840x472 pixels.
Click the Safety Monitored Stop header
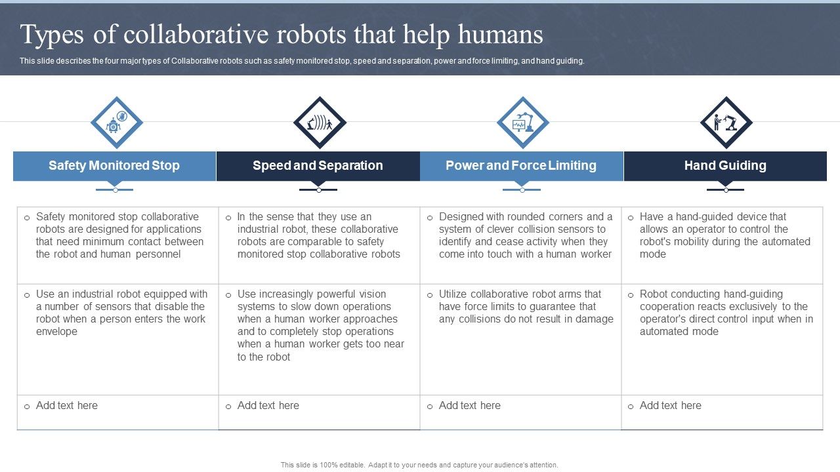(x=114, y=166)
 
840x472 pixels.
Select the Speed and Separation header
(x=318, y=166)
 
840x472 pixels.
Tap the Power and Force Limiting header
(x=521, y=166)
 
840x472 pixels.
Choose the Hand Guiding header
(x=725, y=166)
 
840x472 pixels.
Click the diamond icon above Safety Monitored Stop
(x=116, y=123)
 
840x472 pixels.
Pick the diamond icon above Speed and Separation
(x=320, y=123)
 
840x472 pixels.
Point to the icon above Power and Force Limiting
(x=523, y=123)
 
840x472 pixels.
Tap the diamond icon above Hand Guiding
(x=726, y=123)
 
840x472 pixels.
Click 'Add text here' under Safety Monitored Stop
(x=67, y=406)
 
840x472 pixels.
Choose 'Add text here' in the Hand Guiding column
(x=671, y=406)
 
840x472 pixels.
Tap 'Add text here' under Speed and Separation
(x=268, y=406)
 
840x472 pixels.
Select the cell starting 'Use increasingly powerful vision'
(x=320, y=325)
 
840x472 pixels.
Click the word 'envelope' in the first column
(x=57, y=332)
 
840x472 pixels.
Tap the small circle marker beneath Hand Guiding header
(x=726, y=190)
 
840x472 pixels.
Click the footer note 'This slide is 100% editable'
(x=419, y=465)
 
